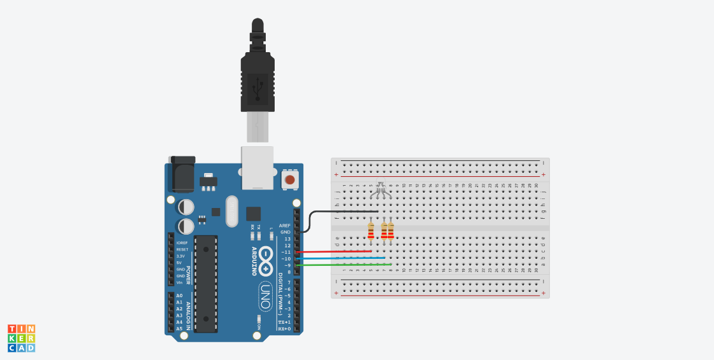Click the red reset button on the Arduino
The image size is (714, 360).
[x=290, y=180]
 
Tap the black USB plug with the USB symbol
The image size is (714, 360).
[x=257, y=83]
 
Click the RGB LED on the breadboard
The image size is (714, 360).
[x=380, y=188]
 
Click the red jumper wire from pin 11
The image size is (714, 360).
[x=334, y=251]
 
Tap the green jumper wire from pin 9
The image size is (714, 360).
[x=343, y=265]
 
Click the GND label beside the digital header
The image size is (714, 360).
[x=285, y=232]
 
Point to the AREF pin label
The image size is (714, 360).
[x=284, y=225]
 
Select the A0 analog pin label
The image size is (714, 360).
[x=179, y=296]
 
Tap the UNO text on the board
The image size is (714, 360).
[x=265, y=296]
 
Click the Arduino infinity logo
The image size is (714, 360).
[x=266, y=259]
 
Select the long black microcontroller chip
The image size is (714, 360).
[x=206, y=283]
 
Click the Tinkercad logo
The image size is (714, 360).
[x=22, y=338]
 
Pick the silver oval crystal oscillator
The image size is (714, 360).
[x=231, y=211]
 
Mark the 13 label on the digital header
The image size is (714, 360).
[x=287, y=239]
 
